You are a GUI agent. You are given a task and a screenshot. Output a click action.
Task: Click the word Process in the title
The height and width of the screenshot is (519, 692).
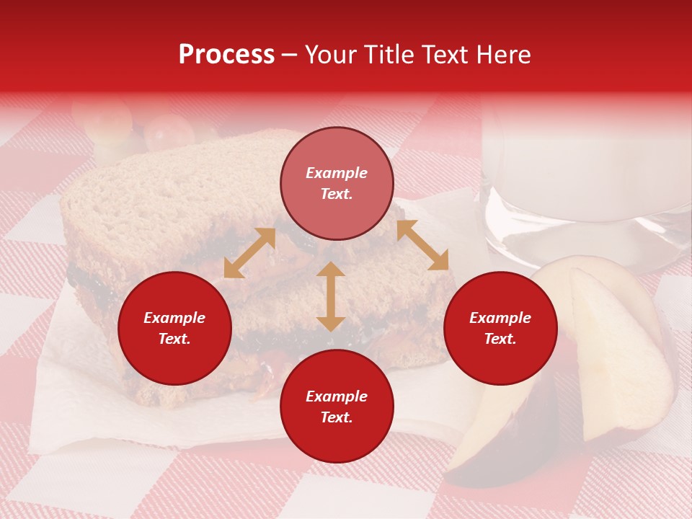pyautogui.click(x=226, y=55)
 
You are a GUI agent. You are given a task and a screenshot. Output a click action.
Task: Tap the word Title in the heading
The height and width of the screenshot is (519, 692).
pyautogui.click(x=386, y=55)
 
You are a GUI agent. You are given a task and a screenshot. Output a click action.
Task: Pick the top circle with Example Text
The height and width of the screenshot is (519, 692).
pyautogui.click(x=337, y=184)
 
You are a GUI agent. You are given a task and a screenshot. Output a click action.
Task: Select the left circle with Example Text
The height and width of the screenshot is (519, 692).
pyautogui.click(x=174, y=329)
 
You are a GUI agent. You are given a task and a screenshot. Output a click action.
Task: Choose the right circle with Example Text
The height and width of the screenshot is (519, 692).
pyautogui.click(x=500, y=329)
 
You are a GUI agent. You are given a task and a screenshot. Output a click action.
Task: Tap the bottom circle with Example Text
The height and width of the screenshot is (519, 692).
pyautogui.click(x=337, y=407)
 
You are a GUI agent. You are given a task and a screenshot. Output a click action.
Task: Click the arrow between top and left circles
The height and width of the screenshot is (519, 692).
pyautogui.click(x=249, y=253)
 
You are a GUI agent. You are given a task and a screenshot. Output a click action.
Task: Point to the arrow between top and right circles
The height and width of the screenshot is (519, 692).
pyautogui.click(x=422, y=245)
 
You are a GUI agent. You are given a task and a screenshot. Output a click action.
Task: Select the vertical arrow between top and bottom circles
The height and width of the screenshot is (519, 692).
pyautogui.click(x=331, y=296)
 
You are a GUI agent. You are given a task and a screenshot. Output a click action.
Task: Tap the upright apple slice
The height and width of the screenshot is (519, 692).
pyautogui.click(x=620, y=353)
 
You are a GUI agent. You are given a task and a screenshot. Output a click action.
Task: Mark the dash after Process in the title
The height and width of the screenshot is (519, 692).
pyautogui.click(x=290, y=55)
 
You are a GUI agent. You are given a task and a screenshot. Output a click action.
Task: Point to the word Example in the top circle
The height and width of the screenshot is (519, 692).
pyautogui.click(x=337, y=173)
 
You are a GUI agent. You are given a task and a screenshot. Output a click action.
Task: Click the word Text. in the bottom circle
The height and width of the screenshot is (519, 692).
pyautogui.click(x=337, y=417)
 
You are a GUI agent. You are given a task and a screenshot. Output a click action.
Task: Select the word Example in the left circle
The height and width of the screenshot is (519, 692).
pyautogui.click(x=174, y=318)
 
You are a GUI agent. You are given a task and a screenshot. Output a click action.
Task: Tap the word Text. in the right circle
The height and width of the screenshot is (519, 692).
pyautogui.click(x=500, y=340)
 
